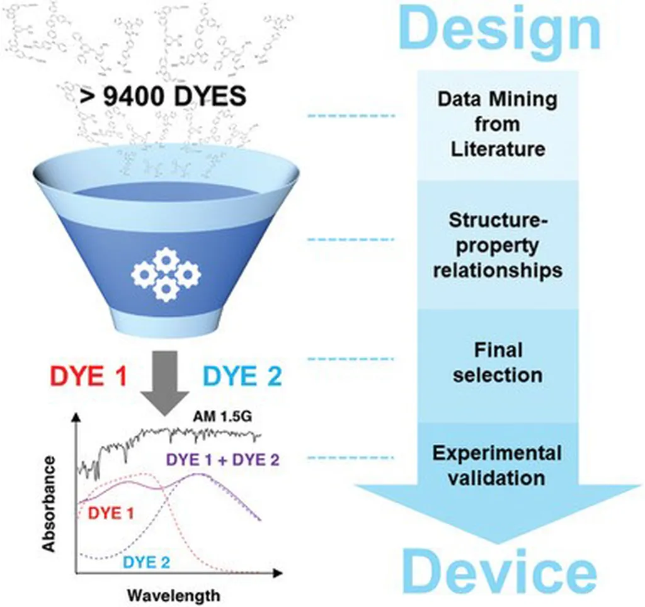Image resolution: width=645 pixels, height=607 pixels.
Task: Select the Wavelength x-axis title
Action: pos(174,594)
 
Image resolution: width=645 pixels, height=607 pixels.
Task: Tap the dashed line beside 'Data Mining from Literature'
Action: pos(350,116)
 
